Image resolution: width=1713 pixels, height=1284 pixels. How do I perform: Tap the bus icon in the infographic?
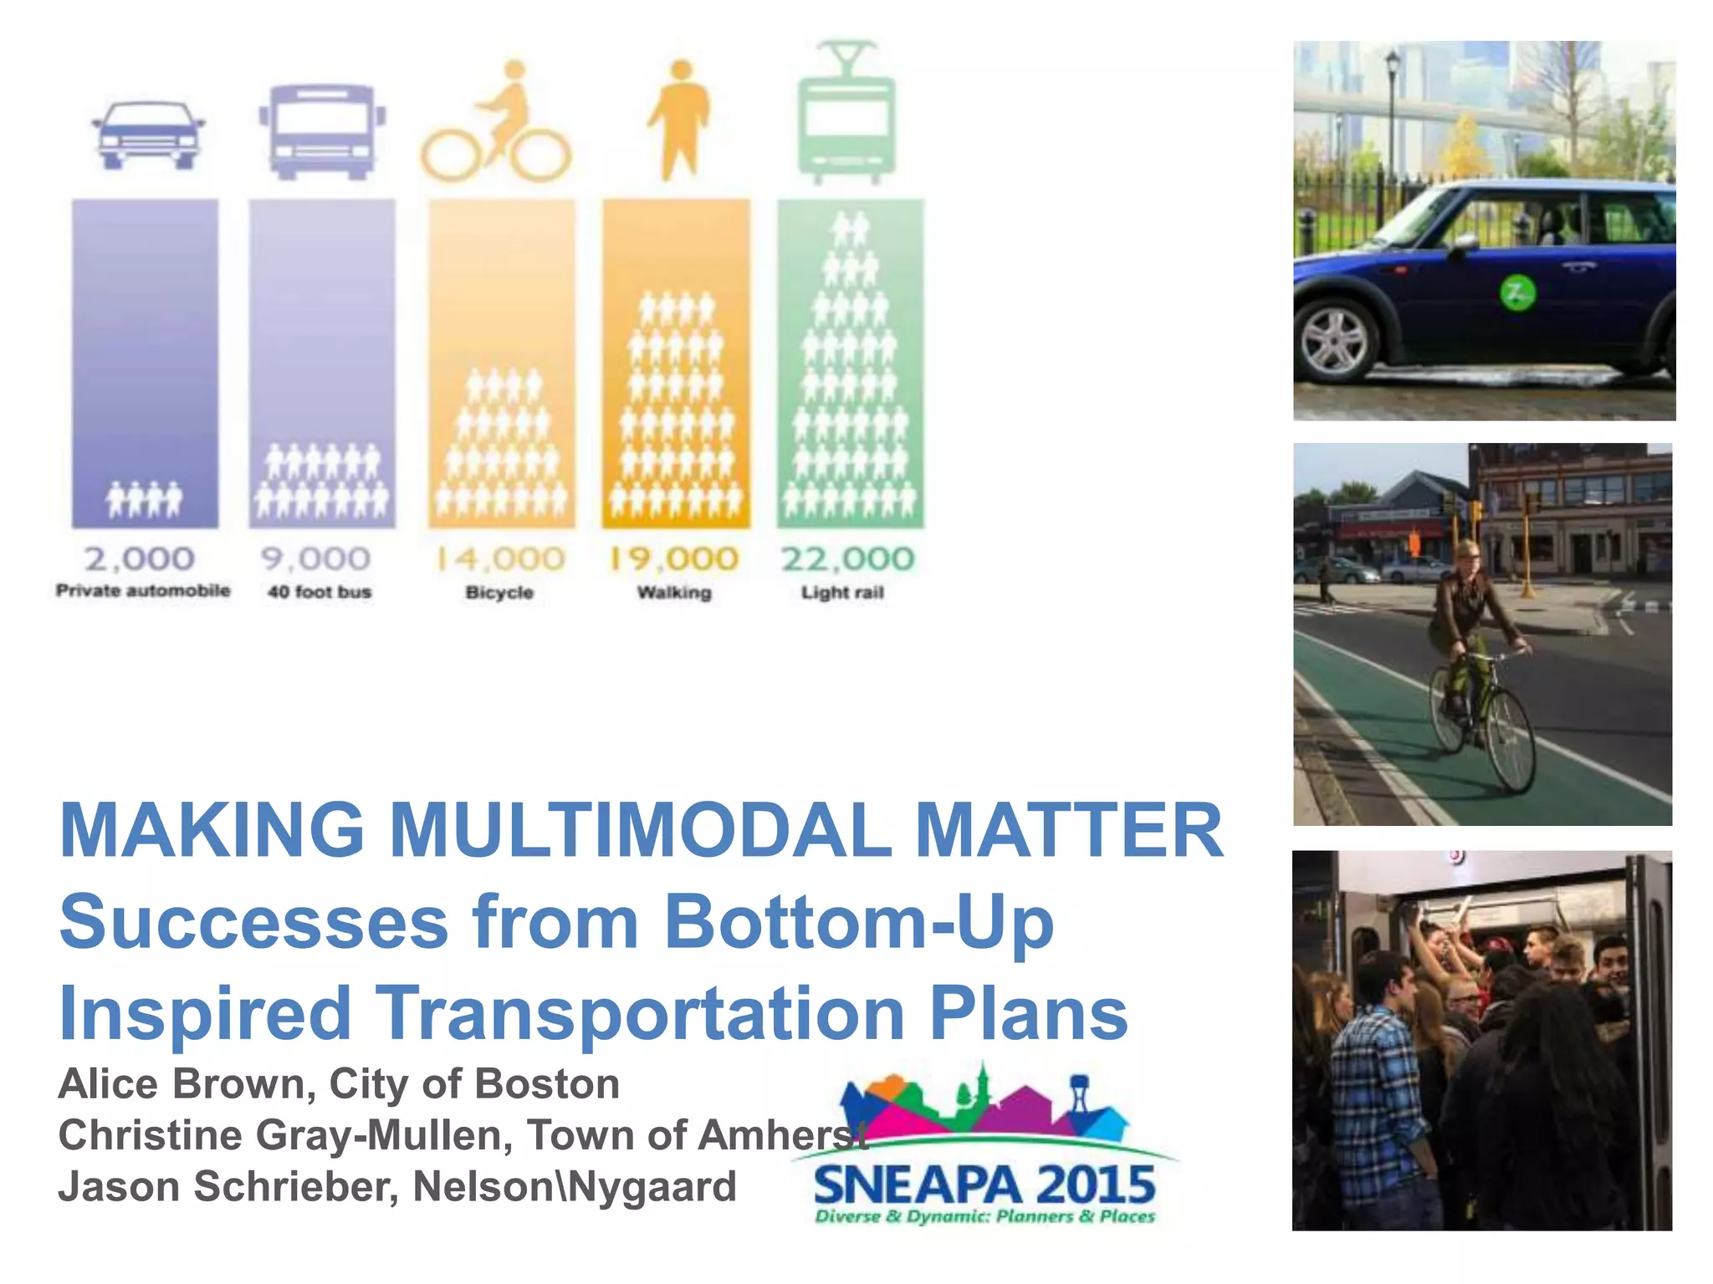point(322,130)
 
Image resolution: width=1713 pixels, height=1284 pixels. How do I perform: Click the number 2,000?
point(140,558)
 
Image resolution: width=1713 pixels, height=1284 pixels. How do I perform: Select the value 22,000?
point(847,558)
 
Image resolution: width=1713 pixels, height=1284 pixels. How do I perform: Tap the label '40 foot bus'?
point(320,592)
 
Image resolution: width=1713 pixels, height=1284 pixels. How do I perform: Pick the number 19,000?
point(674,558)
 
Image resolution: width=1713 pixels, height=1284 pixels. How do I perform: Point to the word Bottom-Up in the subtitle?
point(858,922)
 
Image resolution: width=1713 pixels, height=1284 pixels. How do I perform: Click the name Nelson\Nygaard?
point(575,1187)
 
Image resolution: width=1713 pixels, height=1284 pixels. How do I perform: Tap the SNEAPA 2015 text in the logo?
point(984,1185)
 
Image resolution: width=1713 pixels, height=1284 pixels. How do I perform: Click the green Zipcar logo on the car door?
point(1516,293)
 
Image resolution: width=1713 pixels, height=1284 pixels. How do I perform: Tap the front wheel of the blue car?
point(1336,340)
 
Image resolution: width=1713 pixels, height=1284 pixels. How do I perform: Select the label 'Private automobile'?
point(143,591)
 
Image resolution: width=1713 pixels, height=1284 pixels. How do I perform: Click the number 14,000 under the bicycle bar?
point(500,558)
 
